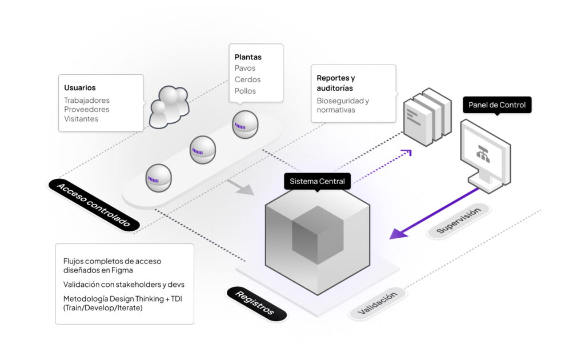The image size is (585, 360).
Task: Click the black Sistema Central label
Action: tap(317, 181)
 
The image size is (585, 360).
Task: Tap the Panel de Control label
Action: tap(496, 105)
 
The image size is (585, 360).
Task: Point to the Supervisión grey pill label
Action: tap(458, 221)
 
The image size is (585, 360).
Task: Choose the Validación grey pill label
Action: tap(377, 303)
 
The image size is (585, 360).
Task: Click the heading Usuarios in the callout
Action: tap(79, 88)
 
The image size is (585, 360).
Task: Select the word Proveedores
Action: tap(86, 110)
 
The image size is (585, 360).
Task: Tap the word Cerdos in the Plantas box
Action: tap(247, 79)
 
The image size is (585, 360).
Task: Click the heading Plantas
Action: tap(248, 57)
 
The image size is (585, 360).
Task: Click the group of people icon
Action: tap(169, 106)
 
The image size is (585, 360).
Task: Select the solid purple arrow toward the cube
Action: tap(434, 212)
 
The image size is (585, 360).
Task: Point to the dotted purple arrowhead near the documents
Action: tap(407, 153)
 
